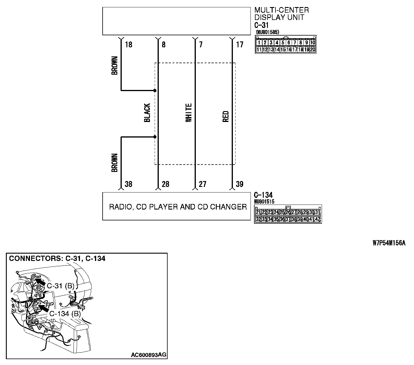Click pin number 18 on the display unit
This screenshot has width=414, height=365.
(128, 45)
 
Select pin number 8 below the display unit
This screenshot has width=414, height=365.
(163, 45)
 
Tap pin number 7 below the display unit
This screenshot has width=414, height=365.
(201, 45)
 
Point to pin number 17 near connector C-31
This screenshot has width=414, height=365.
(240, 45)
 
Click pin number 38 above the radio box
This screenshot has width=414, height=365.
(128, 184)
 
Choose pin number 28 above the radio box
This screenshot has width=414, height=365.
(166, 184)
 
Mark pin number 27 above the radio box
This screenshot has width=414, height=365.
(203, 184)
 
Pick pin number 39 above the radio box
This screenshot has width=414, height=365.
(240, 184)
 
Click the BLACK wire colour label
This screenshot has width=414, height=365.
(147, 113)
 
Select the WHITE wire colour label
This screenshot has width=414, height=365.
(188, 113)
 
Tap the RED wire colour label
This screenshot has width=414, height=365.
(226, 116)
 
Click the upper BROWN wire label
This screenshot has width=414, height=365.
(115, 66)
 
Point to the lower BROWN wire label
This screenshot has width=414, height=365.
(115, 163)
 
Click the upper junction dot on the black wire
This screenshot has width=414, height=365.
(155, 91)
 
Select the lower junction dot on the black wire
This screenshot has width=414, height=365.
(155, 137)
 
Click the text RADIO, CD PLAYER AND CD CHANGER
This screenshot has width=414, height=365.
(178, 207)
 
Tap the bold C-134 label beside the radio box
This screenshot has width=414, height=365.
(263, 195)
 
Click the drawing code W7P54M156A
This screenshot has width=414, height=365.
(389, 243)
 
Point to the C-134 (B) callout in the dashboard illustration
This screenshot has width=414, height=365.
(65, 314)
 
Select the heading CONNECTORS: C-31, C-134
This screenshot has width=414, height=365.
(57, 259)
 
